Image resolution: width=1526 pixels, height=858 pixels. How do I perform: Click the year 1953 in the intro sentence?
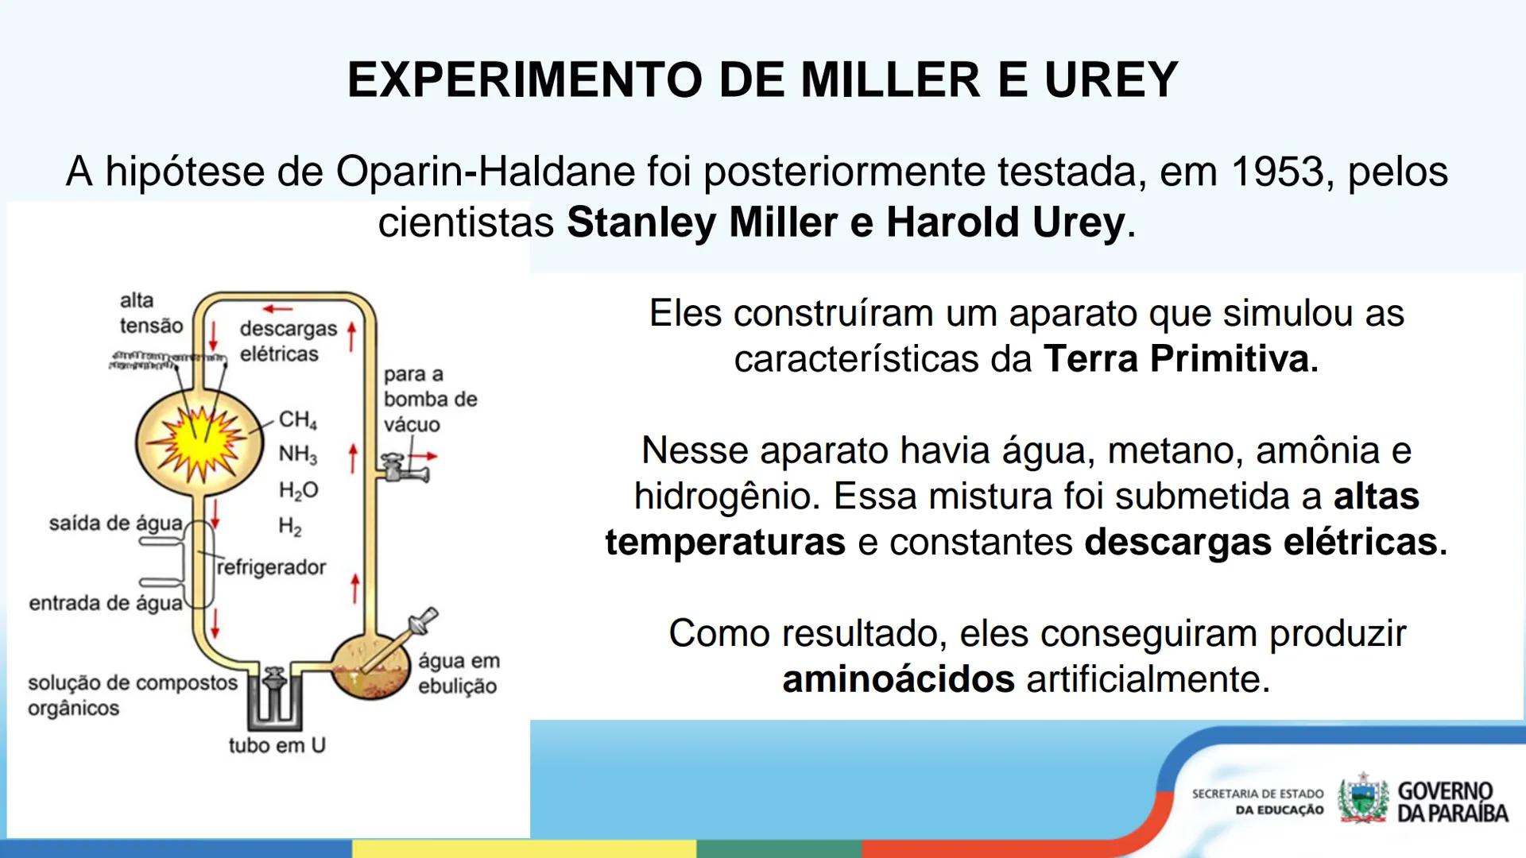[1279, 172]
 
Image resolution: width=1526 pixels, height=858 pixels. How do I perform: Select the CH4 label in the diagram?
[297, 419]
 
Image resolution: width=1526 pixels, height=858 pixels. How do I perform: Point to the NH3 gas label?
[297, 454]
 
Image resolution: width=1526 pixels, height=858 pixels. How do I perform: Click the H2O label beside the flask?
[298, 490]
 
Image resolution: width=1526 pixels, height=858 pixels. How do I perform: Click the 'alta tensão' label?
[150, 313]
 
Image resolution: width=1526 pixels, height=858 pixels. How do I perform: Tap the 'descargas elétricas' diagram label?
[288, 341]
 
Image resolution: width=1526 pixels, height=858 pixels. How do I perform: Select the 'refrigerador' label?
[271, 567]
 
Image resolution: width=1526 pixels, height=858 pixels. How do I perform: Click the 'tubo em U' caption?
[277, 745]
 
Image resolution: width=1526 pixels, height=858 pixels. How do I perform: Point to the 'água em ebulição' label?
[459, 673]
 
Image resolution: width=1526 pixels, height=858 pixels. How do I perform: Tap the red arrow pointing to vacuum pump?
[428, 456]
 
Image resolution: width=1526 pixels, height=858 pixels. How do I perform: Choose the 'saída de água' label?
[115, 524]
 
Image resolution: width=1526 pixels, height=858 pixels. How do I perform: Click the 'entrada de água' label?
[106, 603]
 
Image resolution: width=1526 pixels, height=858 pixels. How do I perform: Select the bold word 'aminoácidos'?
[898, 680]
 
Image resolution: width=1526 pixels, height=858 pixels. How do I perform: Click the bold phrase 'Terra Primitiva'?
[1179, 359]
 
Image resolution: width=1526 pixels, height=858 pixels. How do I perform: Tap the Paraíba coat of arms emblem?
[1362, 798]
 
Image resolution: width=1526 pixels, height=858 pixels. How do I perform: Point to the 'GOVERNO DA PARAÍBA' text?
[1452, 802]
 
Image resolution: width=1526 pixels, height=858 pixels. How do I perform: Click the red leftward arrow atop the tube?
[277, 309]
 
